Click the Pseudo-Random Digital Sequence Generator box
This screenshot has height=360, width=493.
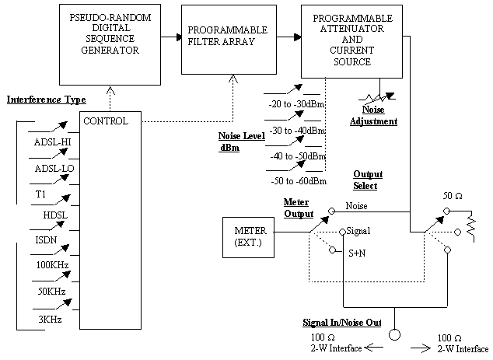pos(110,38)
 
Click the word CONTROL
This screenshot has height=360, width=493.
pos(104,121)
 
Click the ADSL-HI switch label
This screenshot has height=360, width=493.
pos(54,143)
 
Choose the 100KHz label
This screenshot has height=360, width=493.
pos(53,266)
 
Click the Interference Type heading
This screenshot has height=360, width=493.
pos(46,100)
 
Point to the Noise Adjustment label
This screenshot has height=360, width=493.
pos(373,116)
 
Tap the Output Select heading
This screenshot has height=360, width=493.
pos(366,180)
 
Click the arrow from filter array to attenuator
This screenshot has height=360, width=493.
pos(285,37)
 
